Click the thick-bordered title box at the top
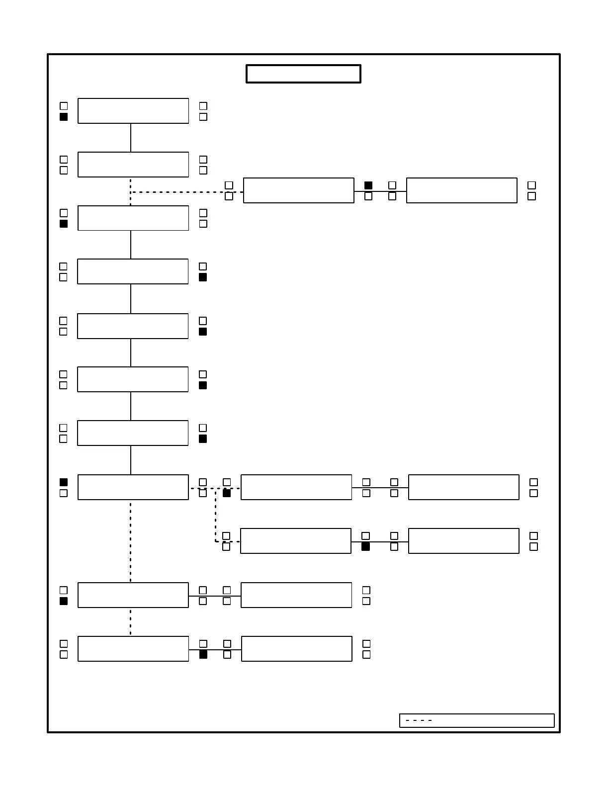[x=303, y=74]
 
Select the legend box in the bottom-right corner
[x=476, y=720]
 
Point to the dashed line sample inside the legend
[x=419, y=720]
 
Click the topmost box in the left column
[x=133, y=111]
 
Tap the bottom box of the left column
[x=133, y=649]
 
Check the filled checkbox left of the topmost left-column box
[x=64, y=117]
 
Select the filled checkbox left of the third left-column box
[x=64, y=224]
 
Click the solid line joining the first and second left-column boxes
[x=131, y=138]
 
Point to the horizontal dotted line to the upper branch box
[x=186, y=192]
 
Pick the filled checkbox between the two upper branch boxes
[x=368, y=185]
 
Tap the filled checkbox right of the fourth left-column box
[x=203, y=277]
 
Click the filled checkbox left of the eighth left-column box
[x=64, y=482]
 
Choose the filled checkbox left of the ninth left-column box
[x=64, y=601]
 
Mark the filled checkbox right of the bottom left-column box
[x=203, y=655]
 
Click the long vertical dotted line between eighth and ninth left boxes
[x=131, y=542]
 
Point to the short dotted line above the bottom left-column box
[x=131, y=622]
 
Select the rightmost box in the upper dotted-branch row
[x=462, y=190]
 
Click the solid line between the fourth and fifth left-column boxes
[x=131, y=299]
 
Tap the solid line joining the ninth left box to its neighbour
[x=215, y=596]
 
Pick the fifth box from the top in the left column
[x=133, y=326]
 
